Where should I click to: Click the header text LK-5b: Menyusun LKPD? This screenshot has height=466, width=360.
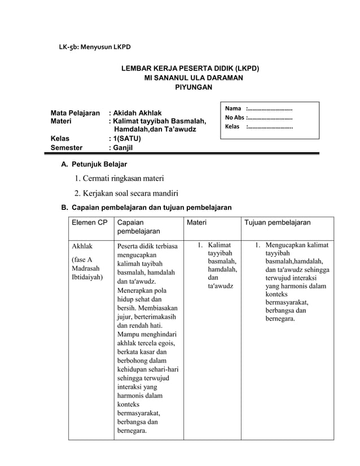click(x=95, y=46)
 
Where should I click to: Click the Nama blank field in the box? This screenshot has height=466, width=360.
click(x=270, y=108)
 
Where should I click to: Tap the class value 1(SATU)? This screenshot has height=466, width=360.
click(x=131, y=138)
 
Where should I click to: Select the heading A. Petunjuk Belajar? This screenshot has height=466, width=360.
click(x=94, y=165)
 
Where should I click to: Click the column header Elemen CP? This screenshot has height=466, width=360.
click(x=89, y=223)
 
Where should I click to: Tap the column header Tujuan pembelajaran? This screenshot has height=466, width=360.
click(x=277, y=223)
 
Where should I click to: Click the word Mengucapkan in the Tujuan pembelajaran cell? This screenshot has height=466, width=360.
click(x=297, y=245)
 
